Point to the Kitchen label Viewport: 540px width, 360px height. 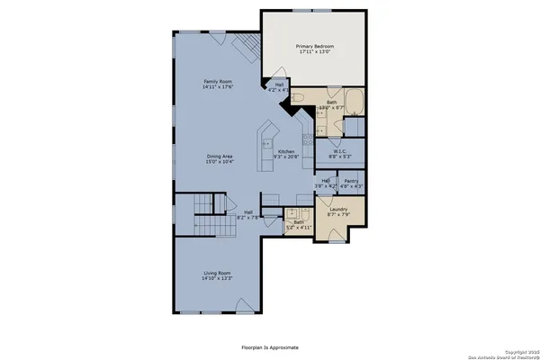pyautogui.click(x=286, y=151)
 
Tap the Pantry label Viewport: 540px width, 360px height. pyautogui.click(x=351, y=180)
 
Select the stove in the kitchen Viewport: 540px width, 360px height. pyautogui.click(x=307, y=139)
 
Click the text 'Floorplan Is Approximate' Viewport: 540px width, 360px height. pyautogui.click(x=270, y=346)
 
